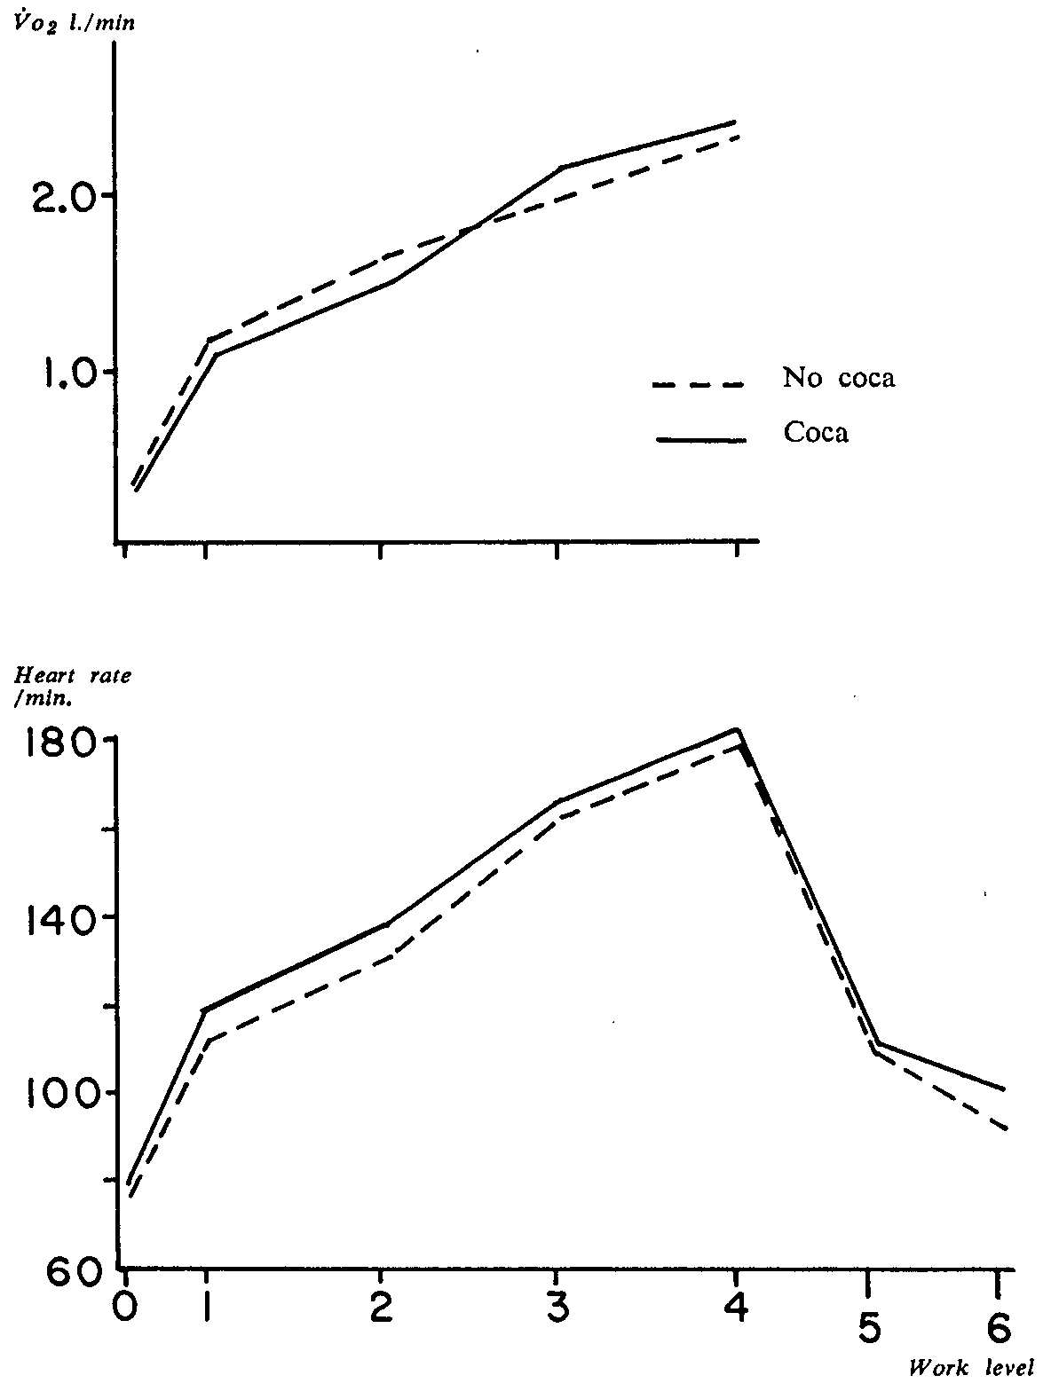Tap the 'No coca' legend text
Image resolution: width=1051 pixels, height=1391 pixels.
pyautogui.click(x=838, y=378)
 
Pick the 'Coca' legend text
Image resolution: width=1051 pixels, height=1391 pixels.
pyautogui.click(x=816, y=432)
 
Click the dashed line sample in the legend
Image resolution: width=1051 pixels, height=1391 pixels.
pyautogui.click(x=698, y=385)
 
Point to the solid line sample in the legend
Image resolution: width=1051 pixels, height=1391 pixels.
pyautogui.click(x=699, y=439)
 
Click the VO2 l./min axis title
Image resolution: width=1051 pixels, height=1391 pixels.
pyautogui.click(x=69, y=24)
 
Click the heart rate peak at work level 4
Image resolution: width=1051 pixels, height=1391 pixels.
pyautogui.click(x=737, y=730)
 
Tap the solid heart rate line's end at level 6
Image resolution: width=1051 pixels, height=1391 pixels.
pyautogui.click(x=1004, y=1089)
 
